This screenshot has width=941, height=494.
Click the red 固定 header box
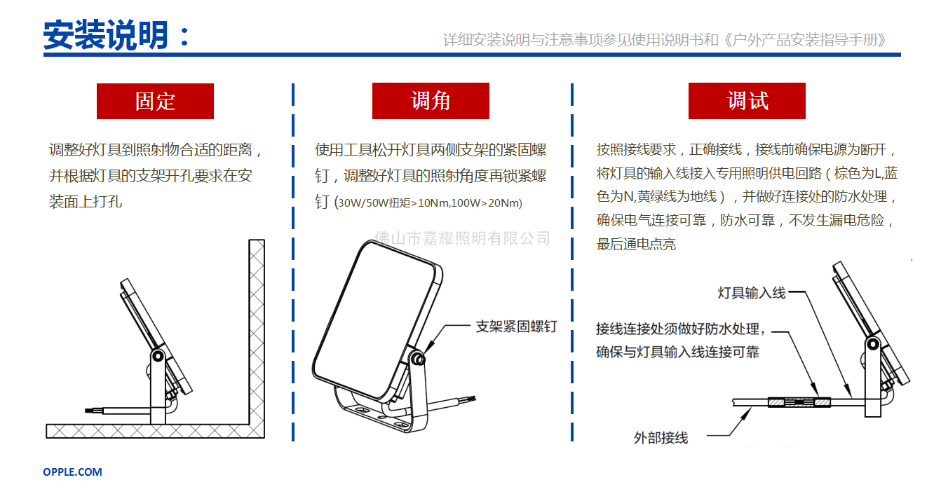point(155,101)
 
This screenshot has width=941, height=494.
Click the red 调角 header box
point(431,101)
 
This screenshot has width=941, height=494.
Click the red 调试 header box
point(747,101)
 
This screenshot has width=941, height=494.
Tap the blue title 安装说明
point(107,35)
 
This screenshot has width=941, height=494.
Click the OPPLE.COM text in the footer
point(72,472)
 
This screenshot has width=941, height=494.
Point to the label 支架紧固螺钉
point(516,327)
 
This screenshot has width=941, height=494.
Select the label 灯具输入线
point(751,293)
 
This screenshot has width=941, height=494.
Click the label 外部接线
point(661,438)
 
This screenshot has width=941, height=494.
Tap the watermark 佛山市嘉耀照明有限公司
point(463,238)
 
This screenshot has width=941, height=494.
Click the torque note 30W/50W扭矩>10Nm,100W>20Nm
point(429,203)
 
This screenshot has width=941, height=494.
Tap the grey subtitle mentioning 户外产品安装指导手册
point(665,40)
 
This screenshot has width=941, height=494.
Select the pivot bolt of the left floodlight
point(158,357)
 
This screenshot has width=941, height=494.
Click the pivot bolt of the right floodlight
point(872,343)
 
